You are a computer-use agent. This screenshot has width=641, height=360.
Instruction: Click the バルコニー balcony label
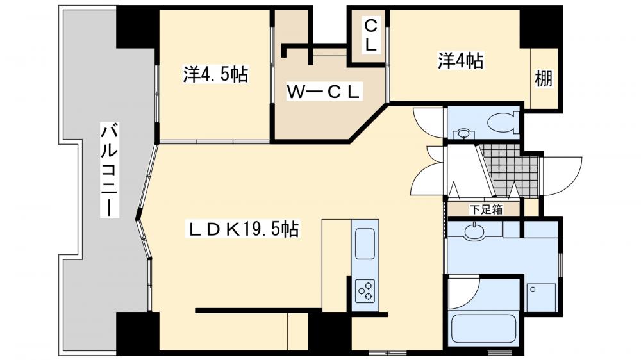108,170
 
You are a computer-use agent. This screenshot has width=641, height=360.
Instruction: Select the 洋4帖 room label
460,61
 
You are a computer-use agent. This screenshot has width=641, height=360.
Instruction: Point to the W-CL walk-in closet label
324,92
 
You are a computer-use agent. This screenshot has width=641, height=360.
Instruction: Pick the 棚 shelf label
544,80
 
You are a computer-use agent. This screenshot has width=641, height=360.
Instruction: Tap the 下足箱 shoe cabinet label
485,208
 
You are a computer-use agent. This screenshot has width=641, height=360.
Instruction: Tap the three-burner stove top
366,290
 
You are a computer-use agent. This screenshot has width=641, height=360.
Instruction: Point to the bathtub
484,330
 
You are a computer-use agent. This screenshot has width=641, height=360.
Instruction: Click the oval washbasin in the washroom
474,231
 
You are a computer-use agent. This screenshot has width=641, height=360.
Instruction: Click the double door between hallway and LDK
428,170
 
